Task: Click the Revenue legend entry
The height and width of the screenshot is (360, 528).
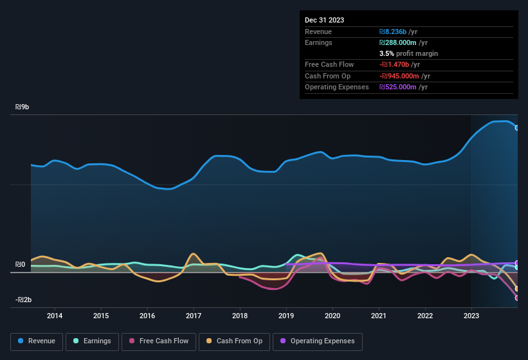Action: [37, 341]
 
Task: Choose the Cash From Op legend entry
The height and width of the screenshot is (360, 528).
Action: [233, 341]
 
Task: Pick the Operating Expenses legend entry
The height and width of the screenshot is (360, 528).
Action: [318, 341]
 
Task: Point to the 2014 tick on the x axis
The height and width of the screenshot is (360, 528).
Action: [55, 316]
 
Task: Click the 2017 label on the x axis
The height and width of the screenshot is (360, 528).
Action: [194, 316]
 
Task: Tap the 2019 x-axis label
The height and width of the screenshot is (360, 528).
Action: [286, 316]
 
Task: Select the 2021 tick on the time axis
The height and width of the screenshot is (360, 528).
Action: [379, 316]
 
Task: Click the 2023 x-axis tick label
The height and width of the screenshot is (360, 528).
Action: [471, 316]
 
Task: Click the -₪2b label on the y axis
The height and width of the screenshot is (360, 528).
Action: [24, 300]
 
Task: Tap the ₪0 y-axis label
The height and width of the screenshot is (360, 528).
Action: [21, 264]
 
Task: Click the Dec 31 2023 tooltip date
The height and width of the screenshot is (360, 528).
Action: [324, 20]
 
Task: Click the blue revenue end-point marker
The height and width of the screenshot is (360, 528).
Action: [517, 127]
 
